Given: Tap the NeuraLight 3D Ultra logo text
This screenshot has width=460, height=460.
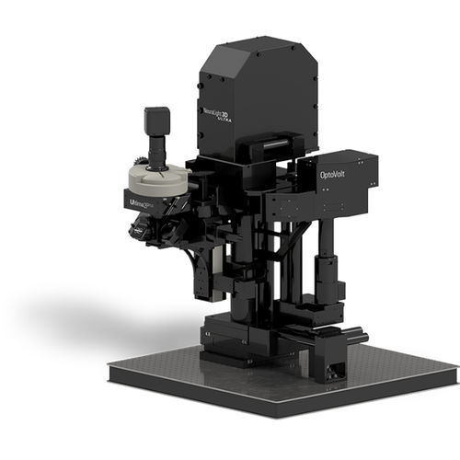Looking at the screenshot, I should point(218,112).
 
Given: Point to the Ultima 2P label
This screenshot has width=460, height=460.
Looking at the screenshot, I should point(138,194).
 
